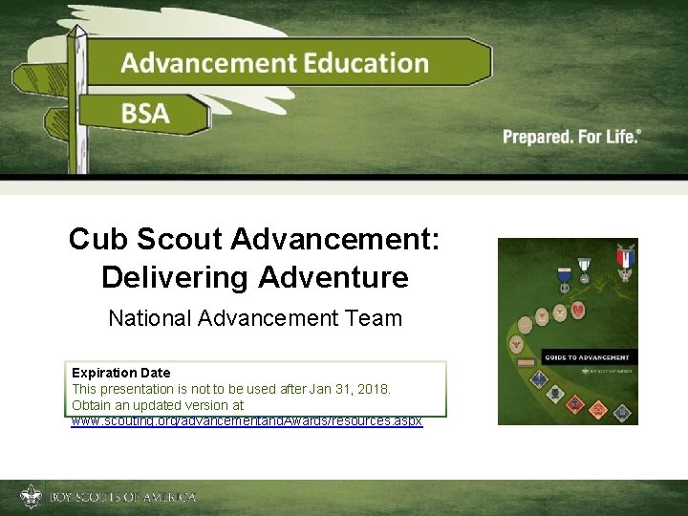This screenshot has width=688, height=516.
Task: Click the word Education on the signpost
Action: pos(367,63)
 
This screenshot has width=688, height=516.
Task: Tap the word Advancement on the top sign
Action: pos(208,63)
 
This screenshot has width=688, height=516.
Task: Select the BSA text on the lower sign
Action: pos(145,114)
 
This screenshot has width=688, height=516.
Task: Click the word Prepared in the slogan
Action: pos(537,137)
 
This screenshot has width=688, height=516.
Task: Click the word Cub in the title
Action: pos(96,239)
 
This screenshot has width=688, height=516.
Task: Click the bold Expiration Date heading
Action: pos(120,373)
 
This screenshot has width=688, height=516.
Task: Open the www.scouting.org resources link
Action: pos(247,420)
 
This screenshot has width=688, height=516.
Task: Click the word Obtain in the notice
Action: pos(92,405)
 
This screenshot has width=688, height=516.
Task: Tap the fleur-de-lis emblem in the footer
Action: pos(31,498)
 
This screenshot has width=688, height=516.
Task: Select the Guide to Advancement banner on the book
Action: pos(587,357)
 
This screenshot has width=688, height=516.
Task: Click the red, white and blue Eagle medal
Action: pos(626,260)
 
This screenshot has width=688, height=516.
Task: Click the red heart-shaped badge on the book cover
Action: pos(577,310)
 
